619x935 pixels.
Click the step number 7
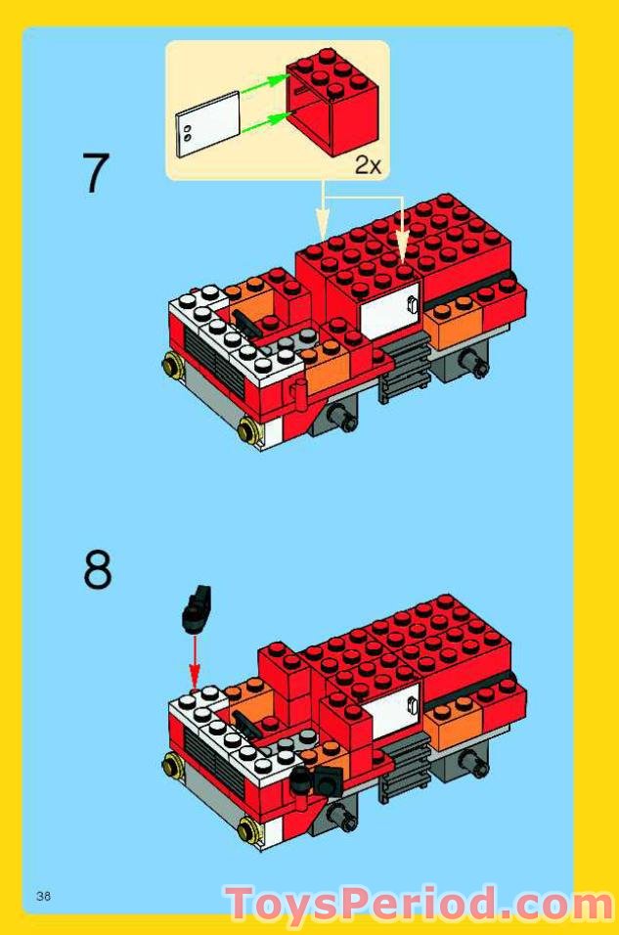96,174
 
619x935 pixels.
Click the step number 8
97,570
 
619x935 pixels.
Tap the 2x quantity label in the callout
368,165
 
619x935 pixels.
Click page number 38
43,896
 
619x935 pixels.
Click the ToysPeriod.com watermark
420,905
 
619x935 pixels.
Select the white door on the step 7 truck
389,306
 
